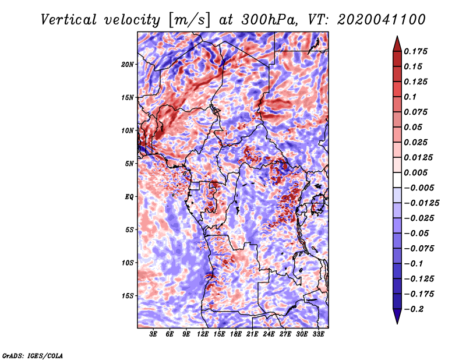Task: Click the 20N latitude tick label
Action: pos(128,65)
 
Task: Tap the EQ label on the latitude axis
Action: pos(129,197)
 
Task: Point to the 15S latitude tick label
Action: pos(128,296)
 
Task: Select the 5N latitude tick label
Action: pos(129,164)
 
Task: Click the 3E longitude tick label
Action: pos(153,334)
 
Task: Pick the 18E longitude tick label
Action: pos(235,334)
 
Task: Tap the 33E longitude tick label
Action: pos(318,334)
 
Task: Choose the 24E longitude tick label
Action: pos(269,334)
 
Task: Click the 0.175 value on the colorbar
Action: pos(415,51)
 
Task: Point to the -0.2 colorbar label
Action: pos(414,309)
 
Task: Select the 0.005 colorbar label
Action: pos(415,172)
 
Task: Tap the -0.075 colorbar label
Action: pos(419,249)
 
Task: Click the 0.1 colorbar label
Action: pos(410,97)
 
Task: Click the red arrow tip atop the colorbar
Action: pos(397,36)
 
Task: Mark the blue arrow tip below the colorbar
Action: pos(397,323)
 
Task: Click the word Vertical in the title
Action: pos(69,20)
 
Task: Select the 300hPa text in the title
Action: pos(269,20)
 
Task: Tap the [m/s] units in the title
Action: pos(189,20)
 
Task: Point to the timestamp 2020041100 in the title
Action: pos(382,20)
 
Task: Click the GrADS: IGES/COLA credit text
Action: pos(33,356)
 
